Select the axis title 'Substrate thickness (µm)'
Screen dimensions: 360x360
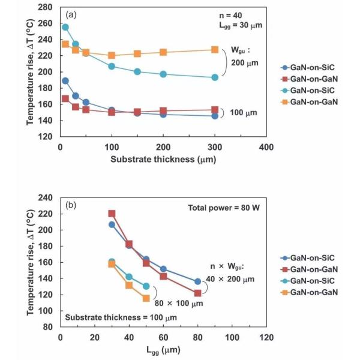pos(163,159)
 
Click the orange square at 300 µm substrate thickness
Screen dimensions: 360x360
pos(215,49)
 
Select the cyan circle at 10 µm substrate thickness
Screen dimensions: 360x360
pos(65,27)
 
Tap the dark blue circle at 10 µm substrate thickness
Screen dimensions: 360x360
pos(65,80)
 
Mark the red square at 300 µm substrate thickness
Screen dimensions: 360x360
pos(215,110)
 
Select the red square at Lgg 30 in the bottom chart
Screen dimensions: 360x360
pos(112,214)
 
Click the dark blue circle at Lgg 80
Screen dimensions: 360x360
pos(197,281)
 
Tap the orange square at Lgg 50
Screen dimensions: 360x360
pos(146,298)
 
